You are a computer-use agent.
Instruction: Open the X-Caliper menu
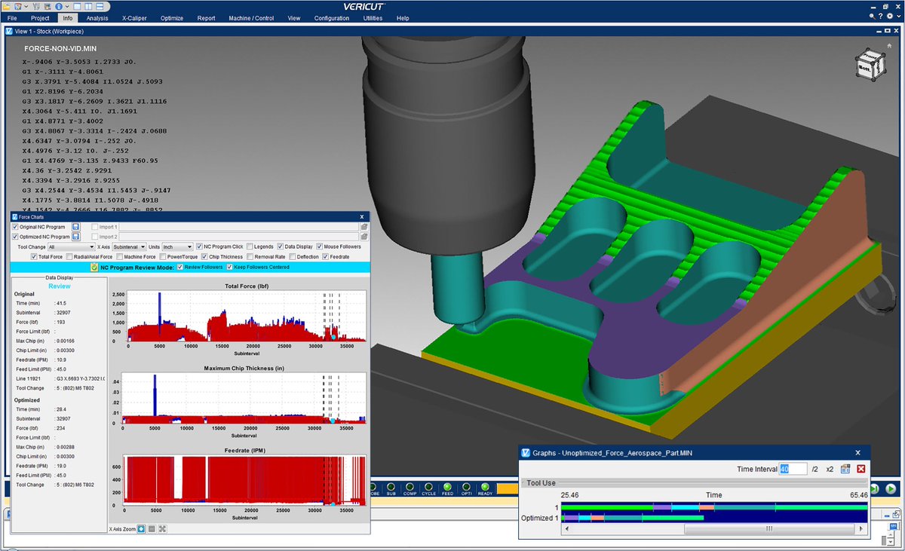(134, 18)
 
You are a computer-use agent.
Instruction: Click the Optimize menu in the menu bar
(171, 18)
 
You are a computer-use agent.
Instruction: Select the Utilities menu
(373, 18)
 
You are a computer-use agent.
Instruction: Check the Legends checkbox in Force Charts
(250, 246)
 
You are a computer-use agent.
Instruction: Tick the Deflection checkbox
(292, 257)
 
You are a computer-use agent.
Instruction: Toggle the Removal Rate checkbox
(250, 257)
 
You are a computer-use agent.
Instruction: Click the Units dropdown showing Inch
(177, 246)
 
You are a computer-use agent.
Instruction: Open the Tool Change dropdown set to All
(71, 246)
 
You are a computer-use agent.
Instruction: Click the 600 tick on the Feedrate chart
(118, 467)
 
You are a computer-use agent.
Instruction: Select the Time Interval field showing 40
(793, 469)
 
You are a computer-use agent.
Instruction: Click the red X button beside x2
(861, 469)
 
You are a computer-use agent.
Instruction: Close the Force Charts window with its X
(361, 216)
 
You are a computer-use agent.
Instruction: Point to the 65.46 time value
(858, 495)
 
